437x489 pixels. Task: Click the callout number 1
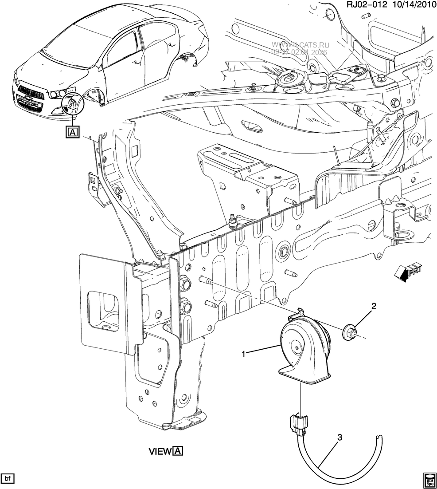click(243, 354)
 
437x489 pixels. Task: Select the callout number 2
click(374, 306)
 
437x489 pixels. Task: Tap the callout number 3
click(340, 438)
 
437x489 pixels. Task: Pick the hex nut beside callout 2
click(350, 331)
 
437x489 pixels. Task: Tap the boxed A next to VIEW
click(178, 451)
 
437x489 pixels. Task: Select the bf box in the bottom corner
click(8, 478)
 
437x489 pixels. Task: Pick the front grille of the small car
click(31, 94)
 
